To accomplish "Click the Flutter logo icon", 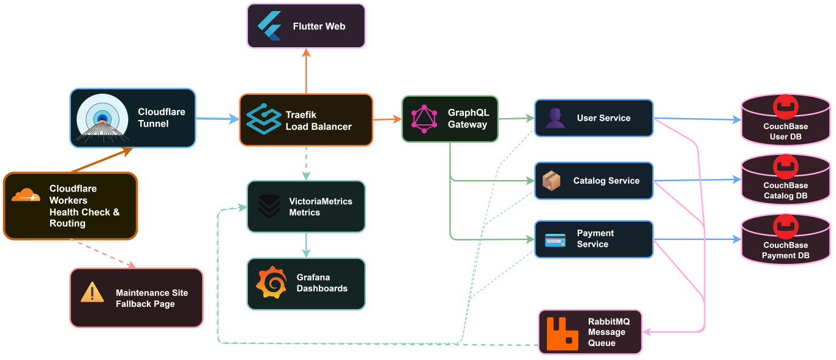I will click(269, 26).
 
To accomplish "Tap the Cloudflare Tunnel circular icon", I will click(102, 119).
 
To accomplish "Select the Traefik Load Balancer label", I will click(318, 121).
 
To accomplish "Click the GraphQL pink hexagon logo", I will click(424, 119).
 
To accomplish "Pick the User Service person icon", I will click(555, 118).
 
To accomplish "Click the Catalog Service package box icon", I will click(551, 181).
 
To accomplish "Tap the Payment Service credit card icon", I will click(555, 239).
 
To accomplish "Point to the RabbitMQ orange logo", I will click(562, 332).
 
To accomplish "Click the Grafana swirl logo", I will click(271, 282).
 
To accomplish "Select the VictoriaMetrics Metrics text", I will click(320, 206).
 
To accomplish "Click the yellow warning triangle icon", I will click(92, 292).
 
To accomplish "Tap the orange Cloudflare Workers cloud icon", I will click(26, 195).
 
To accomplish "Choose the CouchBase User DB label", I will click(785, 132).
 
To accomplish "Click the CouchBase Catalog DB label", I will click(785, 190).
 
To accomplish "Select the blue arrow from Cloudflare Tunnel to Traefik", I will click(217, 119).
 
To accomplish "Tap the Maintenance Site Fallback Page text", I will click(152, 298).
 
